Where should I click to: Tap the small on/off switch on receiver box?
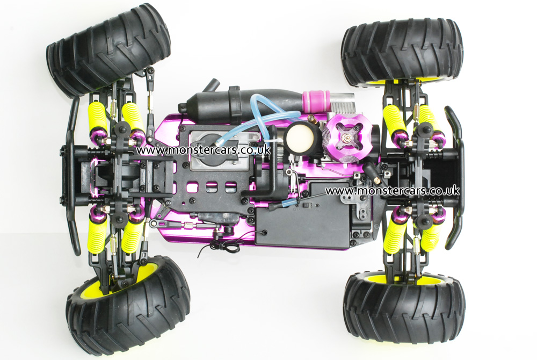[x=307, y=205]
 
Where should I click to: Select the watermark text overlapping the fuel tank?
[x=204, y=150]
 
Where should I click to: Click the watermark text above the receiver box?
[x=392, y=190]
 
